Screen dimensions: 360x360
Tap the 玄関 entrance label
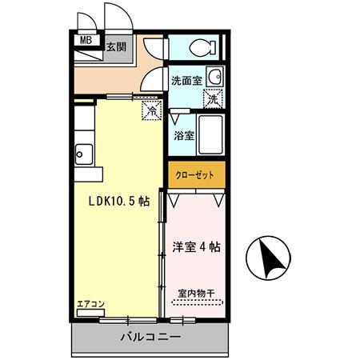118,46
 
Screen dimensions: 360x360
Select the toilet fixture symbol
194,48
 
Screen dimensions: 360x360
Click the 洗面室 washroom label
186,80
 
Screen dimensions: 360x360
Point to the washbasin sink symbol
214,78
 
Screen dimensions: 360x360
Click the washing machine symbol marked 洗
213,100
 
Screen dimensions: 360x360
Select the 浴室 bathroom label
183,135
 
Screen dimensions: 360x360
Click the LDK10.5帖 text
118,202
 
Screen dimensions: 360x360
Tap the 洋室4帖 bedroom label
196,247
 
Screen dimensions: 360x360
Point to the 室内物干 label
196,294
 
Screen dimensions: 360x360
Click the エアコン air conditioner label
90,304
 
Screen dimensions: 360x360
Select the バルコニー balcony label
151,336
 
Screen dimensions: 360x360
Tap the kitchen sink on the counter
82,150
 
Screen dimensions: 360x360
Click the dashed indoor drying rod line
196,303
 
